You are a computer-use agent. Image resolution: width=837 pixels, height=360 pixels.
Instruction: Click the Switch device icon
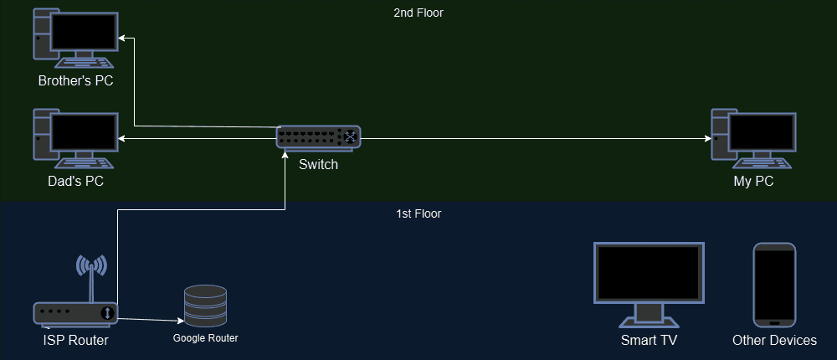319,136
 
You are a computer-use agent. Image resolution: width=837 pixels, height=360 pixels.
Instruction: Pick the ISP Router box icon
76,313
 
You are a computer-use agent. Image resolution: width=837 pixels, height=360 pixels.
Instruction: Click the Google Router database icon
205,306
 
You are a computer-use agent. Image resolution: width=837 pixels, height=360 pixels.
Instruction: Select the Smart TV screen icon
649,285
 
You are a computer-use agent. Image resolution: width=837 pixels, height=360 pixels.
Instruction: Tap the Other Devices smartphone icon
774,285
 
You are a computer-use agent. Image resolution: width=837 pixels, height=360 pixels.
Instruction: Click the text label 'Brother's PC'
75,81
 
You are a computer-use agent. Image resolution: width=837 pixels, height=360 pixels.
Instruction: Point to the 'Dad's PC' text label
75,181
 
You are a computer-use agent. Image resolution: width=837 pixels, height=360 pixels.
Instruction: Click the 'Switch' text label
319,164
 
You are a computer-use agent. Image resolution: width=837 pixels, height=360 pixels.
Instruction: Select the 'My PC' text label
752,181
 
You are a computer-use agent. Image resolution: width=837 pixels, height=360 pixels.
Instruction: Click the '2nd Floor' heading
418,13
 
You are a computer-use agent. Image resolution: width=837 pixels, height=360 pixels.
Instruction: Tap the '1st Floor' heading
418,213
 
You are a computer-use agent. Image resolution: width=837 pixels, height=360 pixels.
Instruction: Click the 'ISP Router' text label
75,340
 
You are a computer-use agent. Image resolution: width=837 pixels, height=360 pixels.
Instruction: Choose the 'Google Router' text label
206,338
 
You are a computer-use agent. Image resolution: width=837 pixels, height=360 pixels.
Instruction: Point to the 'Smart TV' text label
649,340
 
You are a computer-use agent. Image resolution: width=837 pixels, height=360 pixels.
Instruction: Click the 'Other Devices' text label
774,340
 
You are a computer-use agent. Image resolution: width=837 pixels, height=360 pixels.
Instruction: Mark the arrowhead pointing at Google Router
180,320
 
